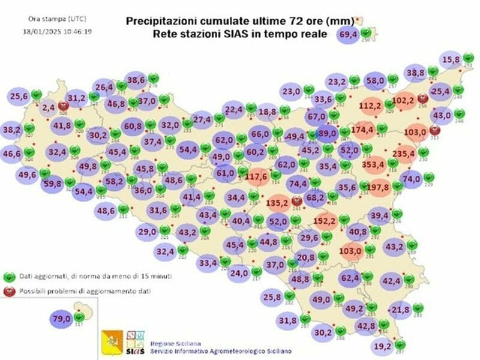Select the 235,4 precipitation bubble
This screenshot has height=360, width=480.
tap(404, 154)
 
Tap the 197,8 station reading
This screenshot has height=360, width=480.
tap(382, 187)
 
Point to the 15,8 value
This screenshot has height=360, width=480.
tap(451, 60)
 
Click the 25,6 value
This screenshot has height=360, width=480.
tap(19, 95)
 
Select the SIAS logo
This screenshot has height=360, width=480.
tap(136, 343)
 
